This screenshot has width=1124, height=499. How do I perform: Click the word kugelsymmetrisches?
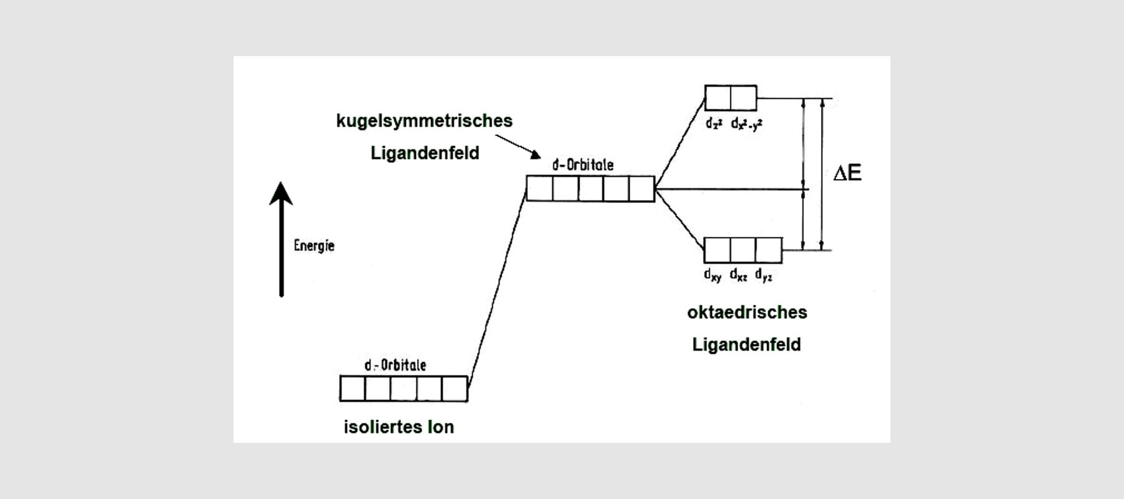pos(424,121)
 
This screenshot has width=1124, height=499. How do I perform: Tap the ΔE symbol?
pos(847,173)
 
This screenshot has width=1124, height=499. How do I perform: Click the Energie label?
pos(314,246)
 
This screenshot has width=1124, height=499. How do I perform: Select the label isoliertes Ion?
pos(398,427)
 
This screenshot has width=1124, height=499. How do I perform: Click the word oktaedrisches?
pos(747,312)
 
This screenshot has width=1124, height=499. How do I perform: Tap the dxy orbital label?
pos(712,274)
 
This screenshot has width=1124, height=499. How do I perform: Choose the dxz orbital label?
pos(739,274)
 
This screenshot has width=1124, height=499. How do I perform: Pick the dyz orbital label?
pos(764,274)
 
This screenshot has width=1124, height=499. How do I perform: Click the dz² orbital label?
pos(714,124)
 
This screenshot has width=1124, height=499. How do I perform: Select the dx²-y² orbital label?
pos(746,124)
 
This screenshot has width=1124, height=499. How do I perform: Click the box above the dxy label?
pos(717,250)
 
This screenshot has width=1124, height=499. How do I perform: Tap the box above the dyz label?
pos(769,250)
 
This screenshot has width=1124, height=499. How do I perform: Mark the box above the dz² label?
pos(717,98)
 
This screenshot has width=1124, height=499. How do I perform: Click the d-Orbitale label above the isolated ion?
pos(395,365)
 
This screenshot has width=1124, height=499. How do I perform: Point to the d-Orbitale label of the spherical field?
pos(583,165)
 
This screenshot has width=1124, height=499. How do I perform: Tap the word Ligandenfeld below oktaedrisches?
pos(746,344)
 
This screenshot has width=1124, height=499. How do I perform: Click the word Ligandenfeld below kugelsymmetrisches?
pos(425,153)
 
